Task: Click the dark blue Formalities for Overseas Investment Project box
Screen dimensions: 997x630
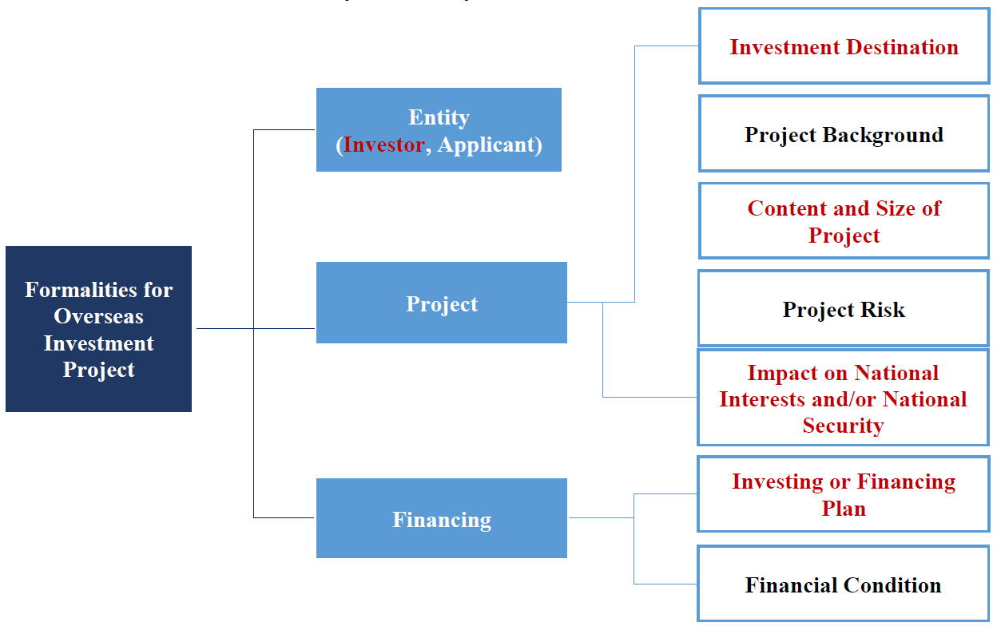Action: click(98, 329)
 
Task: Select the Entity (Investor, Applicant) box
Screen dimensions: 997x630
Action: click(439, 129)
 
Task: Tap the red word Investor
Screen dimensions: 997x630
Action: click(383, 145)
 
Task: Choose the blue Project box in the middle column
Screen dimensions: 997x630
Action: click(442, 303)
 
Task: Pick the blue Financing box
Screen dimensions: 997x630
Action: click(442, 518)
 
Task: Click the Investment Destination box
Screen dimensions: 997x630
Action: click(844, 46)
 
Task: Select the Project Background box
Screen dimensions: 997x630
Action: click(844, 133)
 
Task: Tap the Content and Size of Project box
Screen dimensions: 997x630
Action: click(844, 220)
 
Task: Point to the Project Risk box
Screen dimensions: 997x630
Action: click(844, 308)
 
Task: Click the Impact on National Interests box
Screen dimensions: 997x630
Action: click(844, 398)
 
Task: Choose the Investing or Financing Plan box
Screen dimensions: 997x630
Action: click(844, 493)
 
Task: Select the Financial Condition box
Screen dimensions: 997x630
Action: click(844, 584)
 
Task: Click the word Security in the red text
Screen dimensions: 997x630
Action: click(843, 426)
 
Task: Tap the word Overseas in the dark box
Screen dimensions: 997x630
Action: click(98, 316)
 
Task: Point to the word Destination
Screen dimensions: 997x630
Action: click(902, 47)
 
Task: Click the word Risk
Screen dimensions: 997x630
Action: click(883, 310)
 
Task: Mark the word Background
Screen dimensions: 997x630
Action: click(883, 135)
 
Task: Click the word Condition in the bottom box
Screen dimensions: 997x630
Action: click(892, 585)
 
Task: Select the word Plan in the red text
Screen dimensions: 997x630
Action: click(844, 509)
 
